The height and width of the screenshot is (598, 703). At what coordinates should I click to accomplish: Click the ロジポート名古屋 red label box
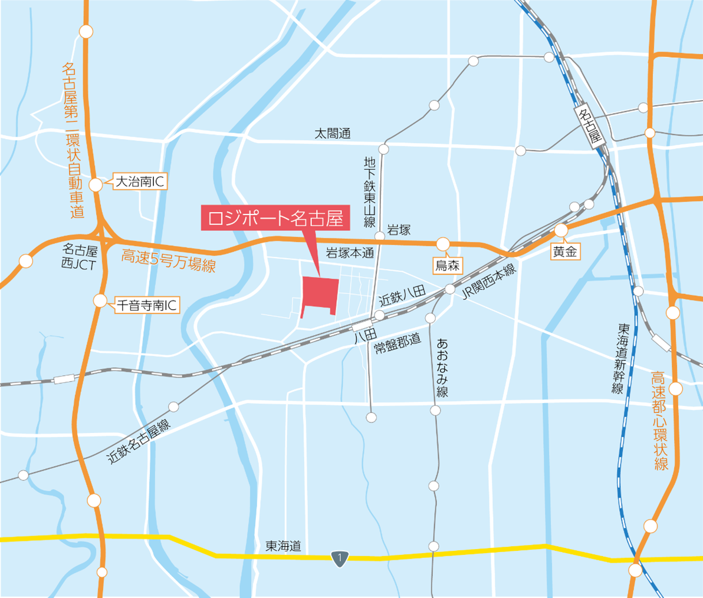[x=275, y=217]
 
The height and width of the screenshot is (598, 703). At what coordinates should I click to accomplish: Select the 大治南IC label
[x=139, y=182]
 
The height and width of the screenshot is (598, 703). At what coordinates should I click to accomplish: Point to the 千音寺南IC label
[x=147, y=305]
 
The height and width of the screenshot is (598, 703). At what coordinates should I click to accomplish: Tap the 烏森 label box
[x=447, y=265]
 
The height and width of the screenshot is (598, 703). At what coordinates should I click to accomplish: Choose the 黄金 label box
[x=564, y=252]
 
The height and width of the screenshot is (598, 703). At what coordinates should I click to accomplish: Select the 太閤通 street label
[x=332, y=134]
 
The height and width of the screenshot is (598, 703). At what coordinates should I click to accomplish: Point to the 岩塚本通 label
[x=350, y=254]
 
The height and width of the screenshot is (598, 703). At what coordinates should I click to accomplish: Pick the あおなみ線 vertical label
[x=442, y=367]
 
